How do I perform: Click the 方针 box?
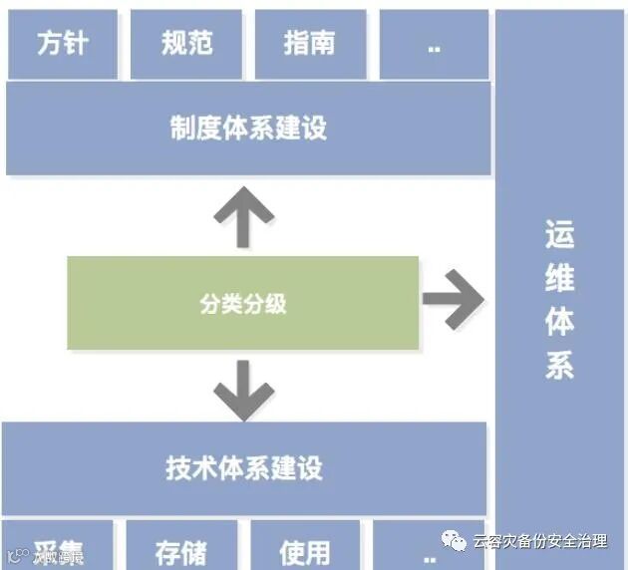(x=62, y=44)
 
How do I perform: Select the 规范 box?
(x=186, y=44)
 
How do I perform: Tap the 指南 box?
(x=310, y=44)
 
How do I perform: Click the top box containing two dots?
(x=434, y=45)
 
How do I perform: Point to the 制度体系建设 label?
(x=248, y=129)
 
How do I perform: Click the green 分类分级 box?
(x=242, y=303)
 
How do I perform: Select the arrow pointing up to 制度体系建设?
(x=242, y=214)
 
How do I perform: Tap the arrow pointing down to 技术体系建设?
(x=242, y=389)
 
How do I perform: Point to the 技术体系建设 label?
(x=244, y=468)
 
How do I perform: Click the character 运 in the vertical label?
(x=560, y=236)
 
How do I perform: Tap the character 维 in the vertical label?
(x=560, y=279)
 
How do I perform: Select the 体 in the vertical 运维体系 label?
(x=560, y=322)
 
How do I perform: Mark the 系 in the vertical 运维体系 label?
(x=560, y=365)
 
